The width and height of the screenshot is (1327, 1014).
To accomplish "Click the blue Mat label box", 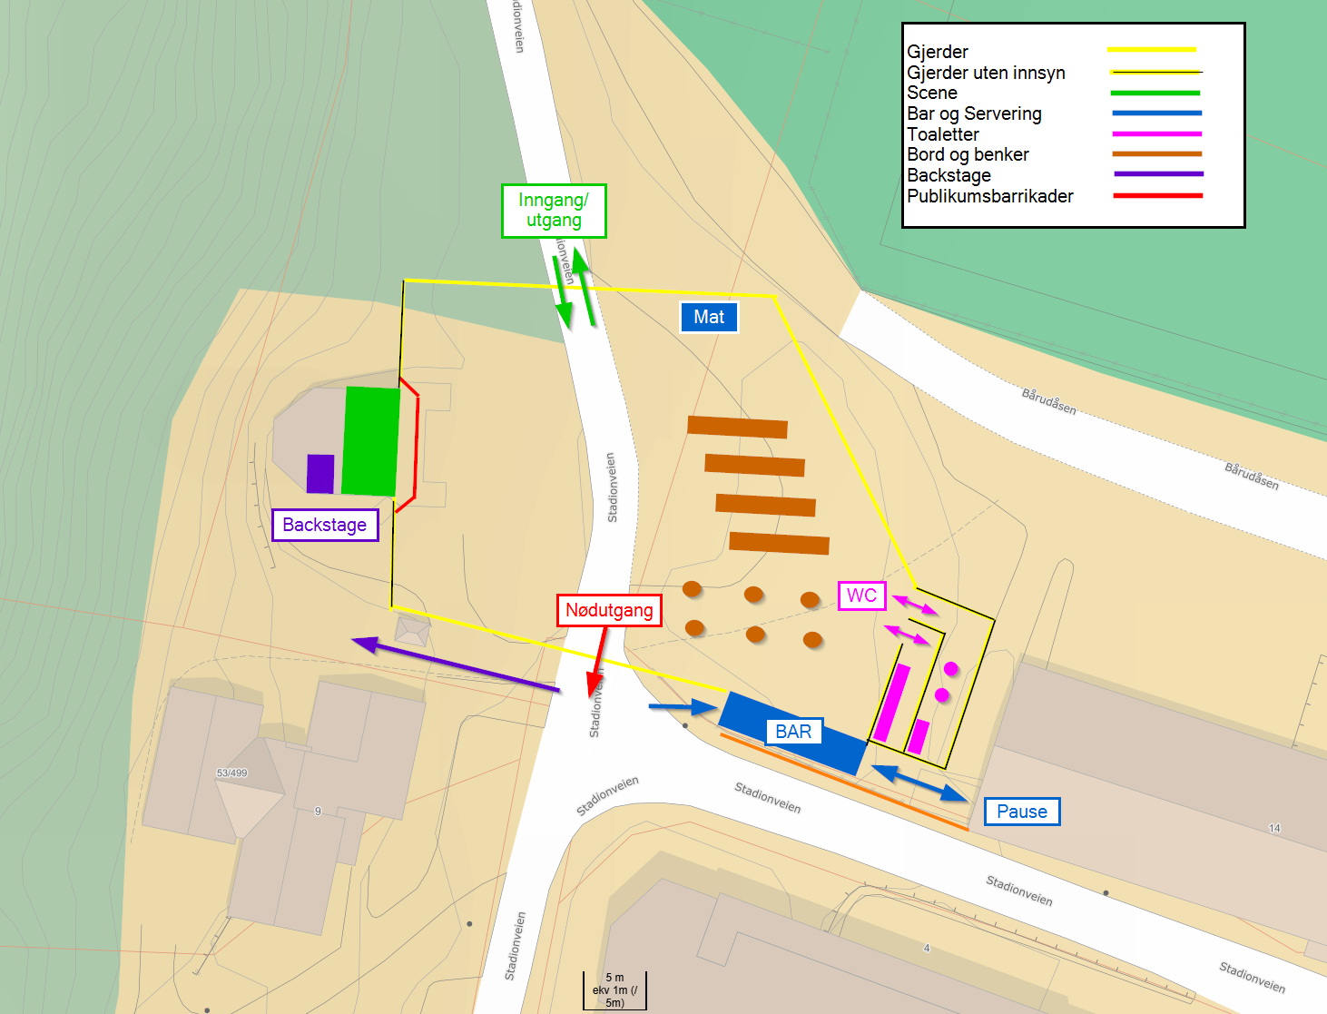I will (x=709, y=317).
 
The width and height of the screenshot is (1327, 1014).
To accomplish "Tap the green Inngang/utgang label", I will (x=554, y=211).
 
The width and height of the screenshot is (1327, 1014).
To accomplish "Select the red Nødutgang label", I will (x=609, y=610).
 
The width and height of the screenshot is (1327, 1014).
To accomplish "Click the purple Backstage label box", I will (x=325, y=525).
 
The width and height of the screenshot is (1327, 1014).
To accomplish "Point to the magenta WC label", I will (x=861, y=596).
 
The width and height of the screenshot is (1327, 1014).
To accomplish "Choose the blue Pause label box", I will (x=1022, y=812).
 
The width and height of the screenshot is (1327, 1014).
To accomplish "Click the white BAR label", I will (x=793, y=732).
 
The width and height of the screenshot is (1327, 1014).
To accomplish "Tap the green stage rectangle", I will (x=371, y=441).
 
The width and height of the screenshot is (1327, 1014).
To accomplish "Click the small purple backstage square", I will (x=320, y=474).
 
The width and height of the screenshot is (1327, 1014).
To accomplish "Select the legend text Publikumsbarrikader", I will (x=989, y=196).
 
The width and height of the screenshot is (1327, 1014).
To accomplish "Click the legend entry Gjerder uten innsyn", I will (x=986, y=73).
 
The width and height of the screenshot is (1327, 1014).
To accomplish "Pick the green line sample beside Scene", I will (x=1155, y=93).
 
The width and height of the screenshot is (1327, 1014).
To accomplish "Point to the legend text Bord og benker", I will (x=968, y=154).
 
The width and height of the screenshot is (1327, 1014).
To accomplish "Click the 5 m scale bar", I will (x=614, y=991).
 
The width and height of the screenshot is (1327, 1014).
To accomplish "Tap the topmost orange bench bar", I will (x=737, y=427).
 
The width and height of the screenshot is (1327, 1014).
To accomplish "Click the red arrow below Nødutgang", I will (x=598, y=663).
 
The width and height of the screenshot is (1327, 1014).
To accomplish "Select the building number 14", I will (x=1274, y=828).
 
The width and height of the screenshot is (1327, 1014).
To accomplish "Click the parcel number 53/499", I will (x=231, y=773).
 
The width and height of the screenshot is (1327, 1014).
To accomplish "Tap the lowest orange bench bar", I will (x=779, y=543).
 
